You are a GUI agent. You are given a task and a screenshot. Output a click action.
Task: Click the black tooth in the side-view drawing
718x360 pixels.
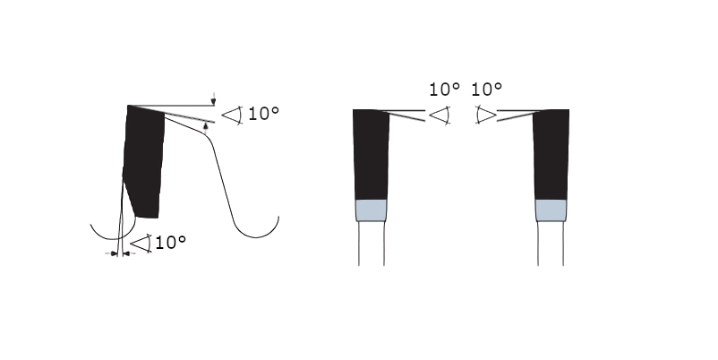(x=144, y=160)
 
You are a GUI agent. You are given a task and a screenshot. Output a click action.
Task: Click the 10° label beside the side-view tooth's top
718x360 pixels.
(x=263, y=114)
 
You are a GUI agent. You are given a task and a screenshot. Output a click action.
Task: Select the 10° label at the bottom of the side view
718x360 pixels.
(x=170, y=243)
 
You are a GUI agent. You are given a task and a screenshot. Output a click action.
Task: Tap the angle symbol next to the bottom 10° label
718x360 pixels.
(x=141, y=244)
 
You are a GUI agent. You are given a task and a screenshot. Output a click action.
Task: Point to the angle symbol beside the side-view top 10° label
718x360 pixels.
(x=233, y=116)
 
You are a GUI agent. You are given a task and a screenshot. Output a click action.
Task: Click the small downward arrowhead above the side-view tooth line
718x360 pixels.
(x=213, y=101)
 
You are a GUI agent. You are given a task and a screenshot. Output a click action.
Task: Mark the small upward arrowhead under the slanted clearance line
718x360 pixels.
(x=206, y=126)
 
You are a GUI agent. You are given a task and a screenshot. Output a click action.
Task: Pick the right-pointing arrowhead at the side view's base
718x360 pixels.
(x=115, y=253)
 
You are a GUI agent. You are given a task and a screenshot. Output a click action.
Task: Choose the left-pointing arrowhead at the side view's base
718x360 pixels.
(x=126, y=253)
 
